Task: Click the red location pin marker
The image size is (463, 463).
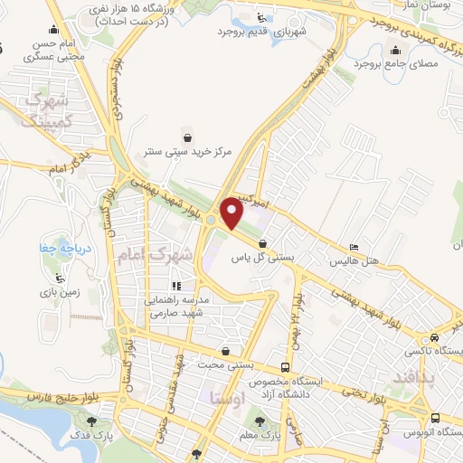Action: [232, 214]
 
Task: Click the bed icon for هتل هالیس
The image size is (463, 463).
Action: [354, 247]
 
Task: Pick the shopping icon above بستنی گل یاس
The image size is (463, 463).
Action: [262, 243]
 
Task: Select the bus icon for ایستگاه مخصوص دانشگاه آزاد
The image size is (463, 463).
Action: [286, 368]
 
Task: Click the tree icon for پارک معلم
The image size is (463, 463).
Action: [261, 420]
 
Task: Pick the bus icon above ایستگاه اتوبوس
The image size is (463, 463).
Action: [437, 418]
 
